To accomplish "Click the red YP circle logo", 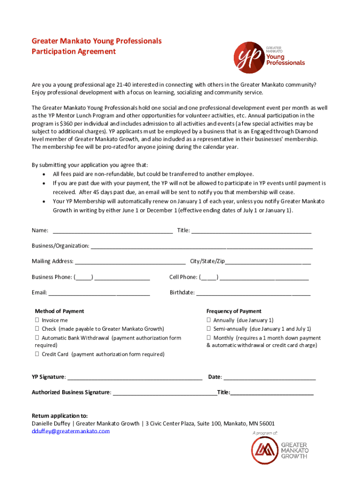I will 248,57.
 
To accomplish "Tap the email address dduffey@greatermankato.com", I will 71,431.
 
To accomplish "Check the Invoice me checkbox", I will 36,320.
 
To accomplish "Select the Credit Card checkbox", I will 36,354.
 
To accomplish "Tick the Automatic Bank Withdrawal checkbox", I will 36,338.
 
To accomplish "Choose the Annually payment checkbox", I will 209,320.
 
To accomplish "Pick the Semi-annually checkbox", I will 209,329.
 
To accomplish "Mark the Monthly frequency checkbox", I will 209,338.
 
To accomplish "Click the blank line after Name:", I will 113,231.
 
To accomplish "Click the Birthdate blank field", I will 253,293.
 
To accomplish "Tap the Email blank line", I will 99,293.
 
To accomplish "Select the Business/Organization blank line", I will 202,246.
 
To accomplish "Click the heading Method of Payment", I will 59,311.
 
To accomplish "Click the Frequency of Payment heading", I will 234,311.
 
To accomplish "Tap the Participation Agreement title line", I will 73,51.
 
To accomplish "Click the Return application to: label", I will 59,416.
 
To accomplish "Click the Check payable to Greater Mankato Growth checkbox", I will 36,329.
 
